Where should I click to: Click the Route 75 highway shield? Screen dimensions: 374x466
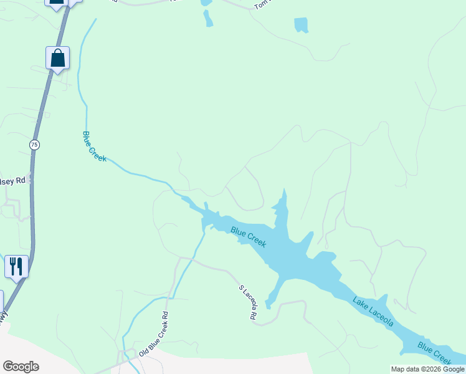pyautogui.click(x=34, y=145)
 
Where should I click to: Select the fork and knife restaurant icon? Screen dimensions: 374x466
pyautogui.click(x=16, y=266)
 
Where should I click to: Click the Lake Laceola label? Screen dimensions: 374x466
pyautogui.click(x=373, y=312)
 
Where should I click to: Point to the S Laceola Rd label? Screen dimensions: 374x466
pyautogui.click(x=248, y=303)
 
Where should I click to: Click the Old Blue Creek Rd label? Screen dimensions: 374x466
pyautogui.click(x=153, y=335)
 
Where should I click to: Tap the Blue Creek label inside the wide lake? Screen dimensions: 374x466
pyautogui.click(x=249, y=237)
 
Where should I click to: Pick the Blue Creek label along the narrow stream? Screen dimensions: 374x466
pyautogui.click(x=94, y=146)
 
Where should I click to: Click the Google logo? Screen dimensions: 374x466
pyautogui.click(x=21, y=367)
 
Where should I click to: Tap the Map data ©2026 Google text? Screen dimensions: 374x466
pyautogui.click(x=427, y=369)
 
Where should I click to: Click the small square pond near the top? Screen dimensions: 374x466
pyautogui.click(x=301, y=25)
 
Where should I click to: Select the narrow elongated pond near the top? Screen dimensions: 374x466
pyautogui.click(x=207, y=19)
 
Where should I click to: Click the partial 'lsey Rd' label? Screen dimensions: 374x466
pyautogui.click(x=12, y=180)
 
